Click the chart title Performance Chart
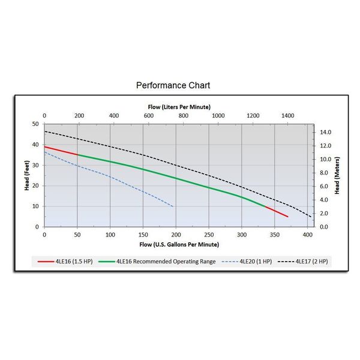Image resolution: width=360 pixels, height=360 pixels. click(x=173, y=85)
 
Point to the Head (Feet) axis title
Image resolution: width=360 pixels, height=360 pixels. click(x=27, y=175)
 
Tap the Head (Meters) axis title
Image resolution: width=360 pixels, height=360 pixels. click(x=337, y=175)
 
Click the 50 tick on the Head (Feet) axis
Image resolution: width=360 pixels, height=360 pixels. click(x=36, y=124)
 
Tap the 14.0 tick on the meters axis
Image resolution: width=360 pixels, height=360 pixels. click(x=325, y=132)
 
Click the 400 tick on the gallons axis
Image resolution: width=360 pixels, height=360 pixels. click(x=308, y=235)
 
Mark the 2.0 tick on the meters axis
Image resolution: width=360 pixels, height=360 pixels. click(x=324, y=214)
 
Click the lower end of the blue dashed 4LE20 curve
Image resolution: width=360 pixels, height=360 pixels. click(x=173, y=206)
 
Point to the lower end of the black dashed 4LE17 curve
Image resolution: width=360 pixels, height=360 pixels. click(x=311, y=217)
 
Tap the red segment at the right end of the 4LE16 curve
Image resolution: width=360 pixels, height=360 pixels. click(x=277, y=212)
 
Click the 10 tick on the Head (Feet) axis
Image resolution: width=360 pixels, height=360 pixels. click(x=36, y=206)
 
